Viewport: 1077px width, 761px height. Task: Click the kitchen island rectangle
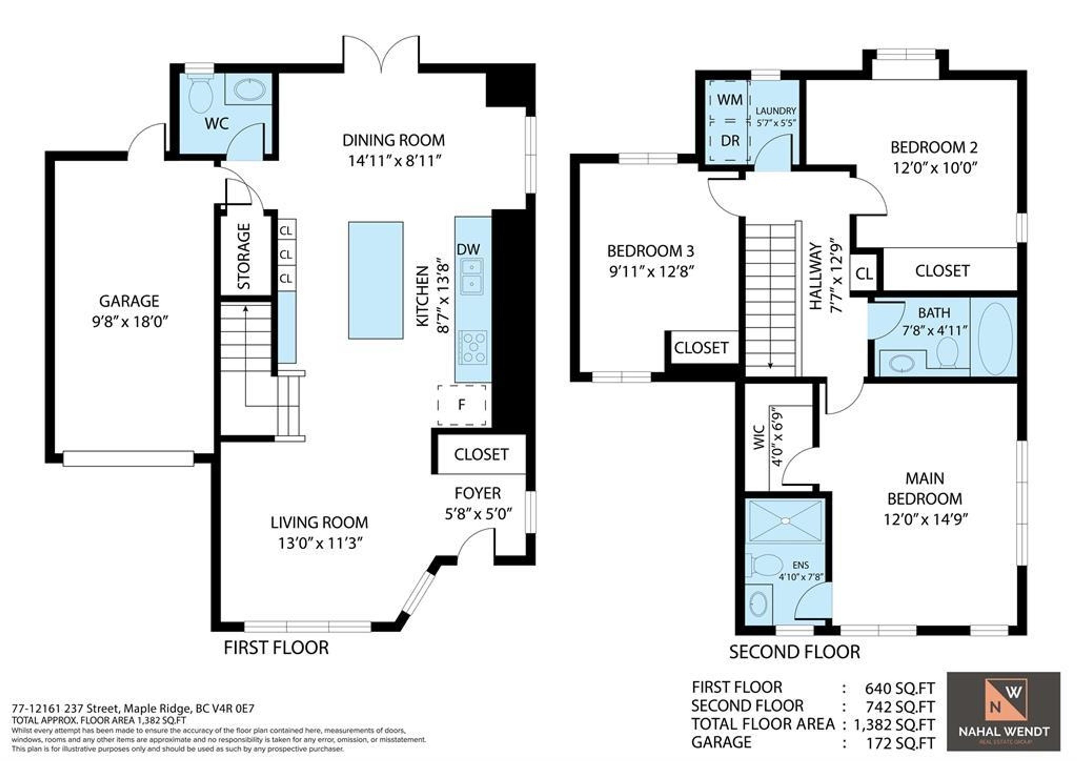375,280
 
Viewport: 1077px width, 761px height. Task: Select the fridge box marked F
462,405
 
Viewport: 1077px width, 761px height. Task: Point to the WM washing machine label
729,100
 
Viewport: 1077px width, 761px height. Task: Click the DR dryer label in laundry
729,141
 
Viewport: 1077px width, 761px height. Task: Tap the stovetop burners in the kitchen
473,348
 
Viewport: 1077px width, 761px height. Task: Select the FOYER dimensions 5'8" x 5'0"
478,514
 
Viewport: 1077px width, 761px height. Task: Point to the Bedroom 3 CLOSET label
701,348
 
